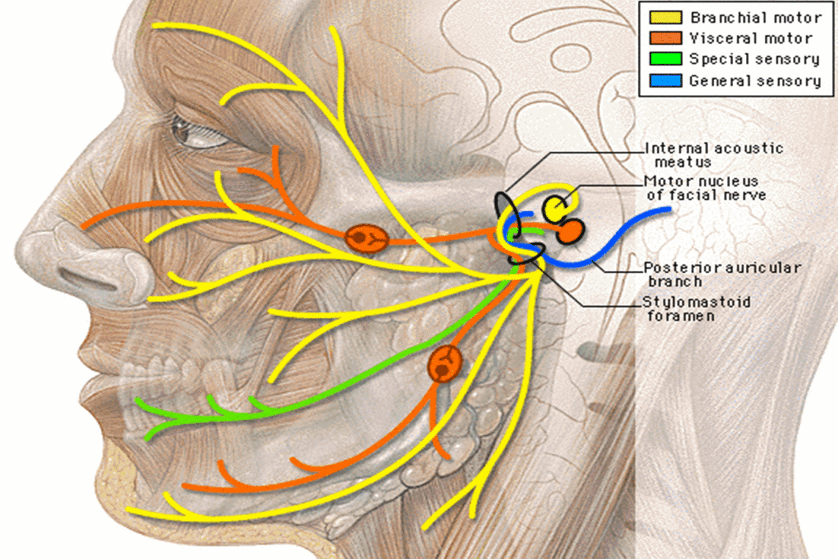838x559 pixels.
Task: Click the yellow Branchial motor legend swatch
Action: (665, 17)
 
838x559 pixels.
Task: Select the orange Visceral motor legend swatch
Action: (665, 38)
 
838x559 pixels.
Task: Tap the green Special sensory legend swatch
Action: (665, 59)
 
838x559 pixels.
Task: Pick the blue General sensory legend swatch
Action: (665, 81)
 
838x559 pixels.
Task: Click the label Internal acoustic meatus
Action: (713, 155)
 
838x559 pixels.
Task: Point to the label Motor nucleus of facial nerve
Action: (705, 188)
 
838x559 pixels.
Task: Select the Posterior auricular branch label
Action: (721, 274)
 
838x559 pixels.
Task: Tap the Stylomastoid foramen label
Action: (696, 308)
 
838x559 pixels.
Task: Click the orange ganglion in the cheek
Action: (366, 239)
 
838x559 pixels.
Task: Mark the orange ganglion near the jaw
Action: (445, 364)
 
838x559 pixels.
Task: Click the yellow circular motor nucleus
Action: (555, 208)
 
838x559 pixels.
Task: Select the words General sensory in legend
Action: (755, 81)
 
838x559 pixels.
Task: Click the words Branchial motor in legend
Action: (756, 18)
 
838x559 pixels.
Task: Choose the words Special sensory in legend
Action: (754, 59)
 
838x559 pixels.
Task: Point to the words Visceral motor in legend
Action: (751, 38)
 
